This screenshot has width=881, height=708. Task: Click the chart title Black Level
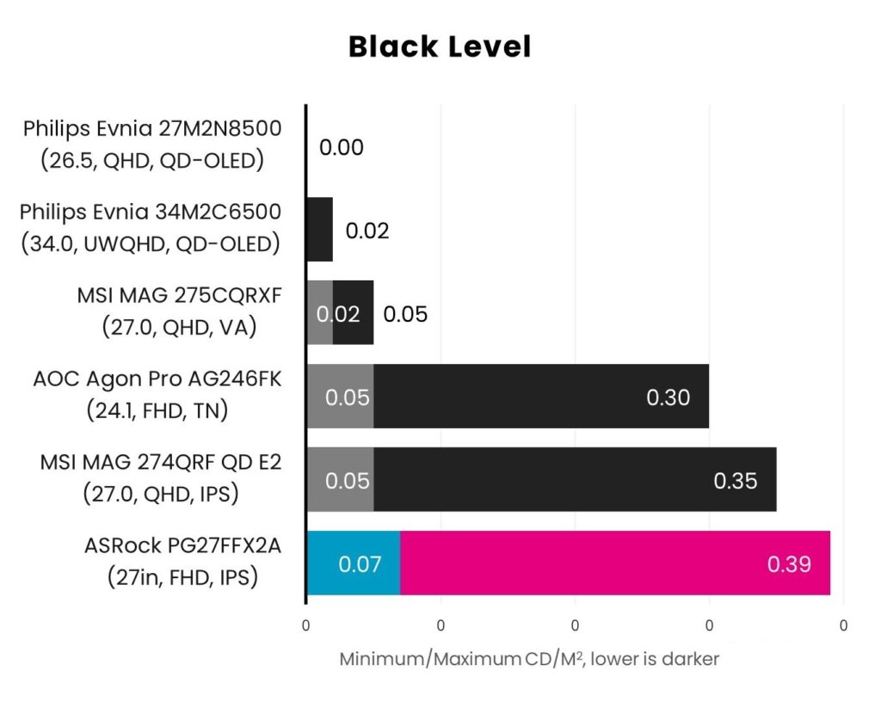pyautogui.click(x=440, y=46)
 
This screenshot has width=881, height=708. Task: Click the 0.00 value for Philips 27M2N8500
pyautogui.click(x=341, y=148)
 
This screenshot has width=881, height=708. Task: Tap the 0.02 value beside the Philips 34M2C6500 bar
pyautogui.click(x=367, y=231)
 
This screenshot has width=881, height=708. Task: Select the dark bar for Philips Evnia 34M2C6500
pyautogui.click(x=320, y=230)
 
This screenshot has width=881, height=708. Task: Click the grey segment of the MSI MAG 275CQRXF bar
pyautogui.click(x=320, y=312)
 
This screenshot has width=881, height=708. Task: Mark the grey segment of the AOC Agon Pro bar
pyautogui.click(x=340, y=396)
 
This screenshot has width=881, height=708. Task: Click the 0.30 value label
pyautogui.click(x=668, y=397)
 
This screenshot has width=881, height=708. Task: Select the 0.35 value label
pyautogui.click(x=735, y=481)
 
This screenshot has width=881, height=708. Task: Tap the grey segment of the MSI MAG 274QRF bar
pyautogui.click(x=340, y=479)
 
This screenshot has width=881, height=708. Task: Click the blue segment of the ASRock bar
pyautogui.click(x=353, y=563)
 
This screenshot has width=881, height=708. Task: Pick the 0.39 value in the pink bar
pyautogui.click(x=789, y=564)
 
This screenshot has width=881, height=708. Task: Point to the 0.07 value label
pyautogui.click(x=360, y=564)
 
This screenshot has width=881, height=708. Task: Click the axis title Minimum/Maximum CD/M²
pyautogui.click(x=529, y=659)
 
